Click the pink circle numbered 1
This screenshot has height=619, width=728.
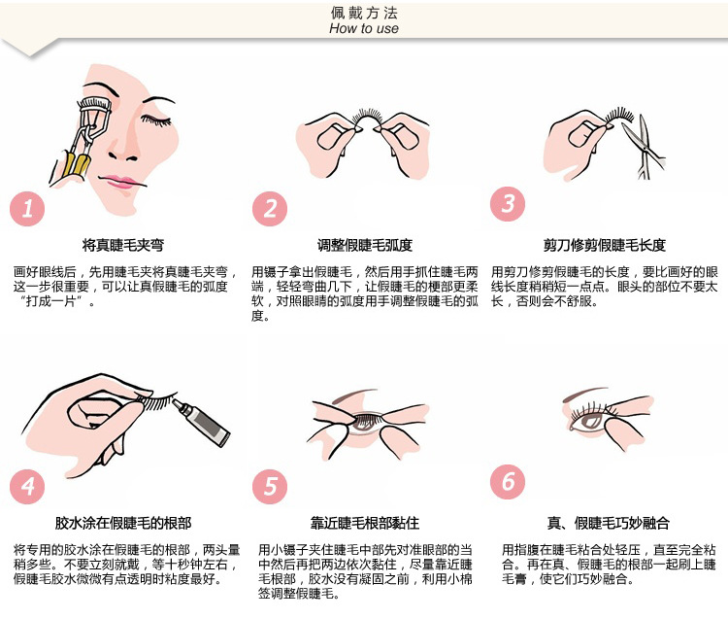point(27,209)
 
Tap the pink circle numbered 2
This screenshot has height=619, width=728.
point(270,209)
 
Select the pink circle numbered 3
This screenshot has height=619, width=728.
point(508,204)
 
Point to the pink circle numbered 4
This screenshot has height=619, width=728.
point(27,486)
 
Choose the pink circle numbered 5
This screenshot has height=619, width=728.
point(270,486)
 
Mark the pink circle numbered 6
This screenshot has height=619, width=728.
point(508,481)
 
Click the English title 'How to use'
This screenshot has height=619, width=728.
point(364,29)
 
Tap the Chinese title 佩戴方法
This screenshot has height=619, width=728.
point(364,13)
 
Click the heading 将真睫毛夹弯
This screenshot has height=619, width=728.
point(123,245)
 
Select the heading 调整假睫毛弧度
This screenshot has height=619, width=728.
point(364,245)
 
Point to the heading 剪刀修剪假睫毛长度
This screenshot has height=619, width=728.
point(605,245)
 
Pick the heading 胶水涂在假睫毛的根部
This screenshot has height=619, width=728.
point(123,523)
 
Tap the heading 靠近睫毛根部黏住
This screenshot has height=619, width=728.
point(364,523)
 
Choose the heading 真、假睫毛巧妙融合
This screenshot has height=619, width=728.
point(608,523)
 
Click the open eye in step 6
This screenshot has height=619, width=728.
point(588,421)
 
